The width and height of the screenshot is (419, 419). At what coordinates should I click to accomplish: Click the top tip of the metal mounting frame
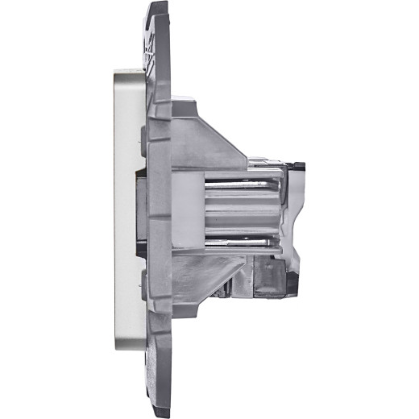pyautogui.click(x=157, y=6)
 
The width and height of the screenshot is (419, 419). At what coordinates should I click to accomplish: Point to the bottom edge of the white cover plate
pyautogui.click(x=129, y=349)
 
